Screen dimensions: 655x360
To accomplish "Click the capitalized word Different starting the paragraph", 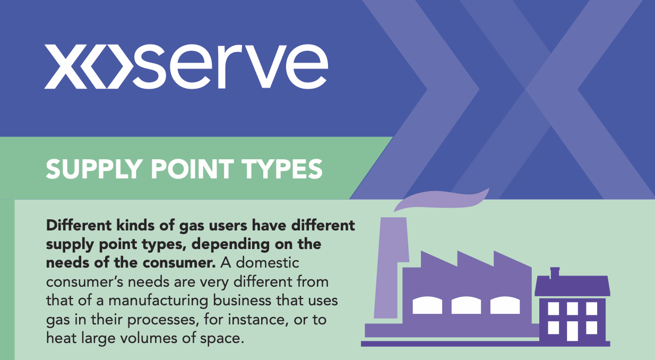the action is [x=79, y=226].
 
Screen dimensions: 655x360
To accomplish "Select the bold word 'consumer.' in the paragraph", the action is [x=179, y=263].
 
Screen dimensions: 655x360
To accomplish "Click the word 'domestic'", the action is [x=268, y=263].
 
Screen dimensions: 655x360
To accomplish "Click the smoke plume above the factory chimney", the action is [x=441, y=199].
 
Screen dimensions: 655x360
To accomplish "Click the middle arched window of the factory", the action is [x=466, y=305].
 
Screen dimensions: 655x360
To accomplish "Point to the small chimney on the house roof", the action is [x=555, y=272].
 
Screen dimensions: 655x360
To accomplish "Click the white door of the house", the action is [x=573, y=331].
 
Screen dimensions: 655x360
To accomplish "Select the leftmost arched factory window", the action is [x=427, y=305].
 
